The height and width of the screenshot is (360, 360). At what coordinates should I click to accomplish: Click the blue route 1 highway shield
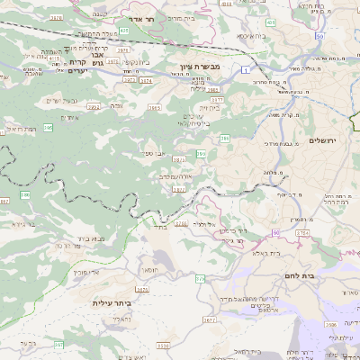click(x=244, y=67)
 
